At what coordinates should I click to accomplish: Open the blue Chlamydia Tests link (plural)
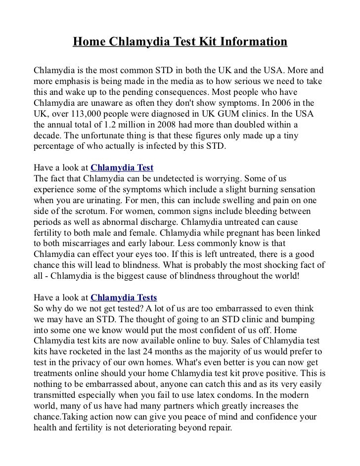coord(124,297)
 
